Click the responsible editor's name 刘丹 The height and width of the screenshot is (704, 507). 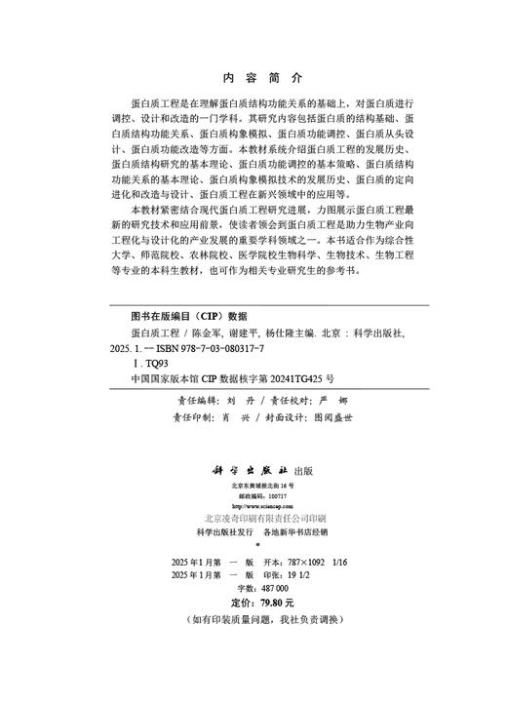pos(231,400)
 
